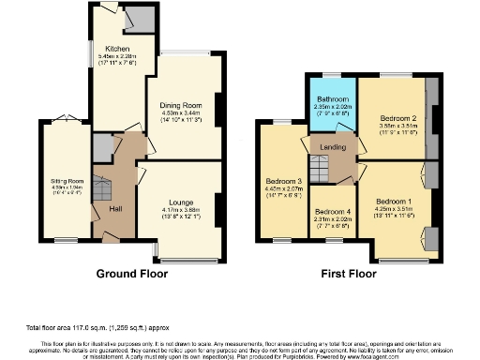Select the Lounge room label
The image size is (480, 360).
tap(181, 202)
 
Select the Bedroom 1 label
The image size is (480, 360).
tap(393, 202)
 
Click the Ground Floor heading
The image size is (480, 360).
tap(132, 275)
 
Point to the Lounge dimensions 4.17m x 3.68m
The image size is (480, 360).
tap(181, 210)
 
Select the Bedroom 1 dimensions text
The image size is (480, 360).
tap(393, 209)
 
